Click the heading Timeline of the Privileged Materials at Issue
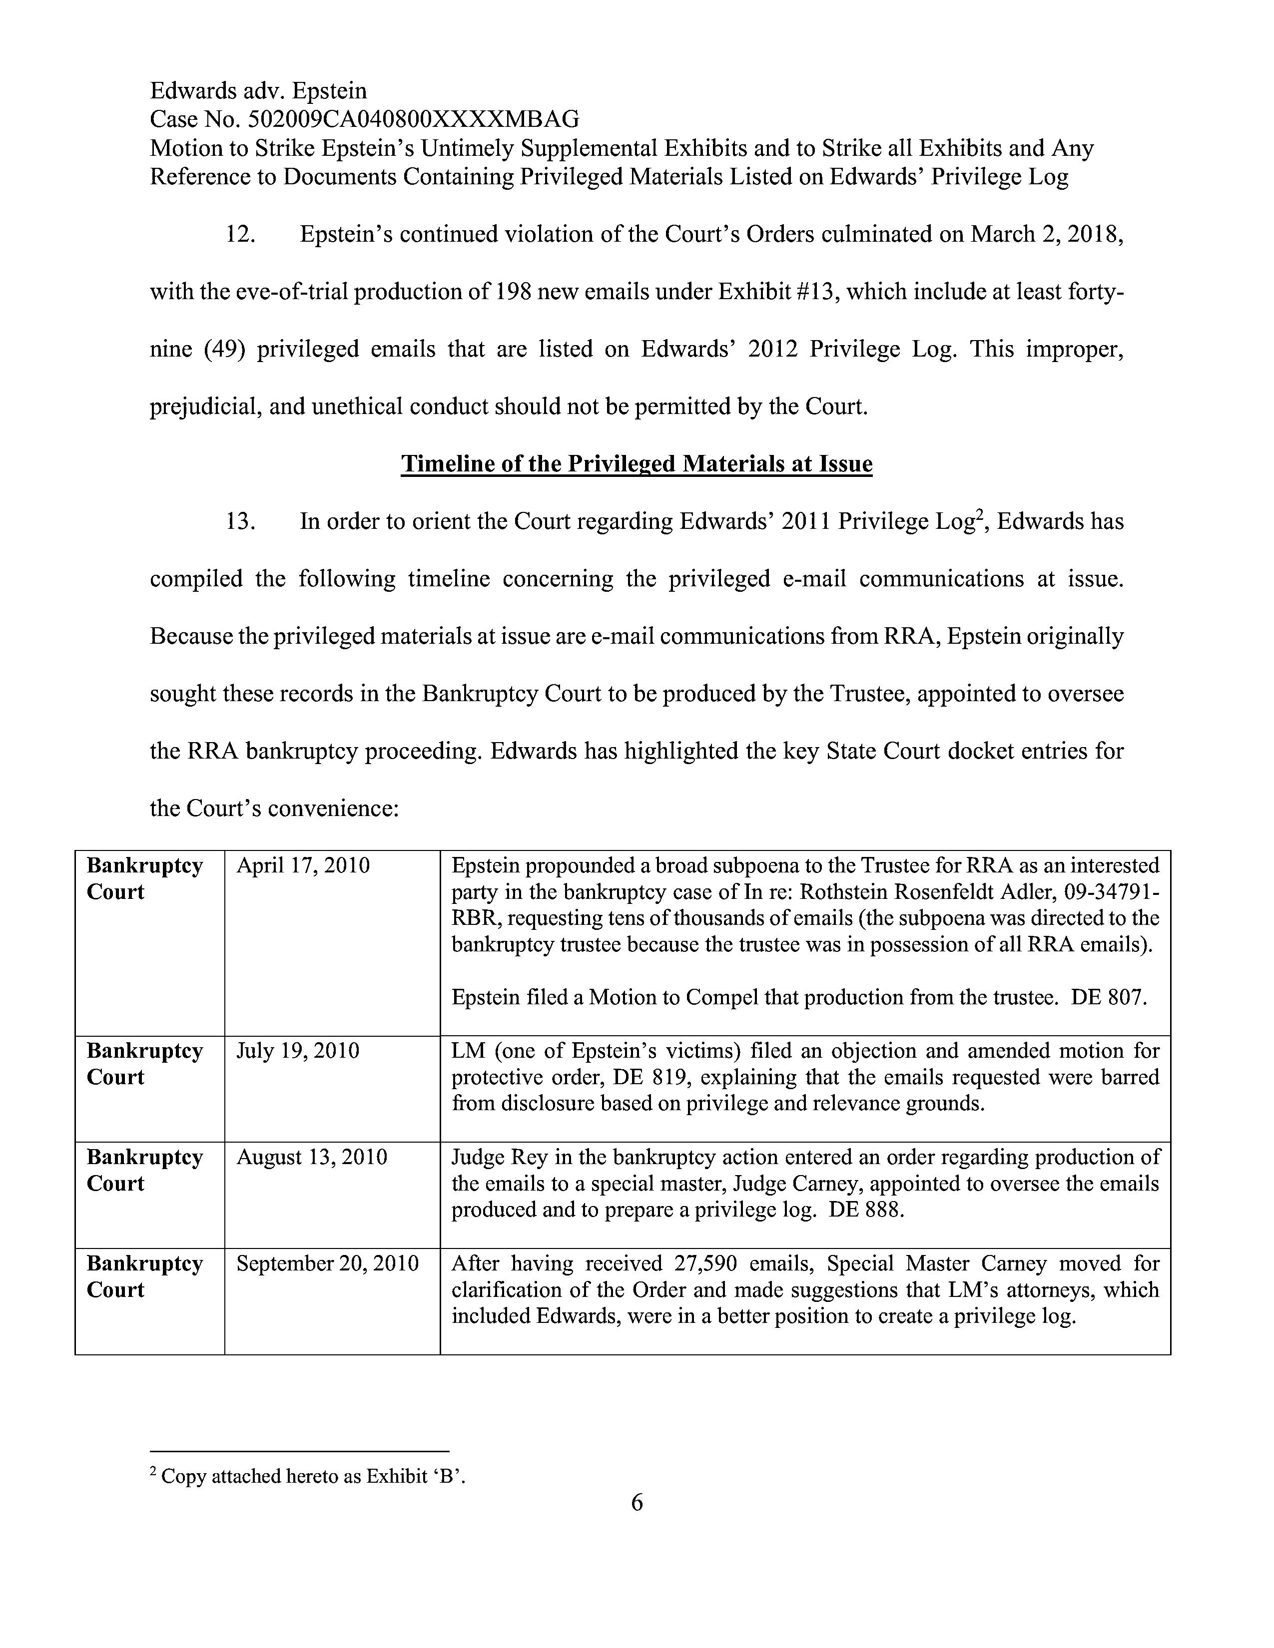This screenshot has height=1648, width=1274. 636,463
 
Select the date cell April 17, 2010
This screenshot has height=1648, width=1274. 303,865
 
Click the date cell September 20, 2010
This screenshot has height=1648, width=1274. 328,1263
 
